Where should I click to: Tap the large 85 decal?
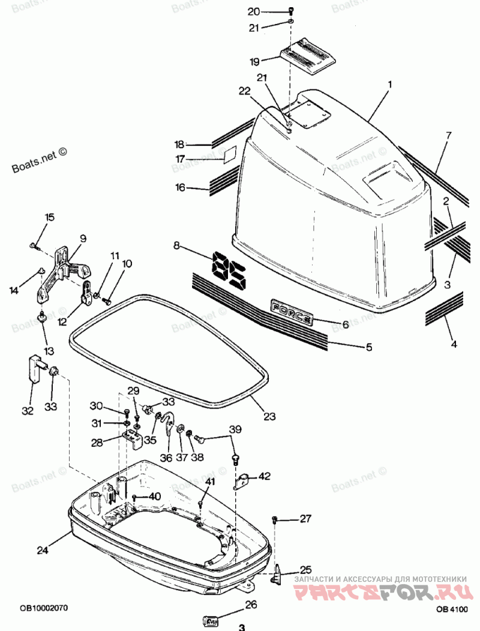coord(229,272)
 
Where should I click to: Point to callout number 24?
coord(41,549)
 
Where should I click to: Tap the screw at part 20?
coord(290,10)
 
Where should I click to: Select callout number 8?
coord(176,245)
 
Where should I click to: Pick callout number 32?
coord(28,410)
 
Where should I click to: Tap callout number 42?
coord(265,476)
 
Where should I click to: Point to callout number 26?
coord(250,605)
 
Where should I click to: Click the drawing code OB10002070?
coord(43,608)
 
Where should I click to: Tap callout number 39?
coord(235,429)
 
